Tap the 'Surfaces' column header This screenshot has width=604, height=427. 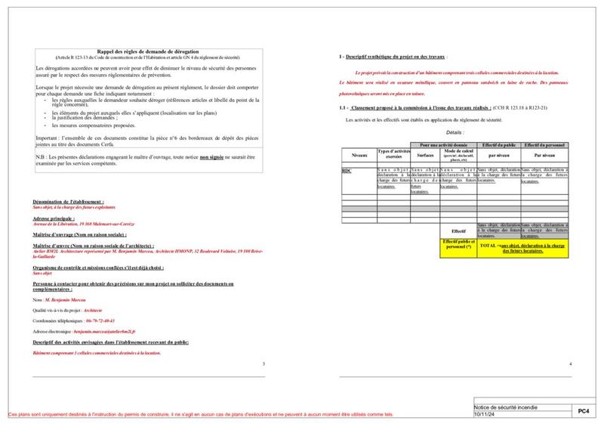pyautogui.click(x=425, y=155)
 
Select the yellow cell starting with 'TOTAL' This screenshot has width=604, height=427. pyautogui.click(x=522, y=247)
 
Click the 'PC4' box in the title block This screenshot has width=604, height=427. pyautogui.click(x=583, y=412)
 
